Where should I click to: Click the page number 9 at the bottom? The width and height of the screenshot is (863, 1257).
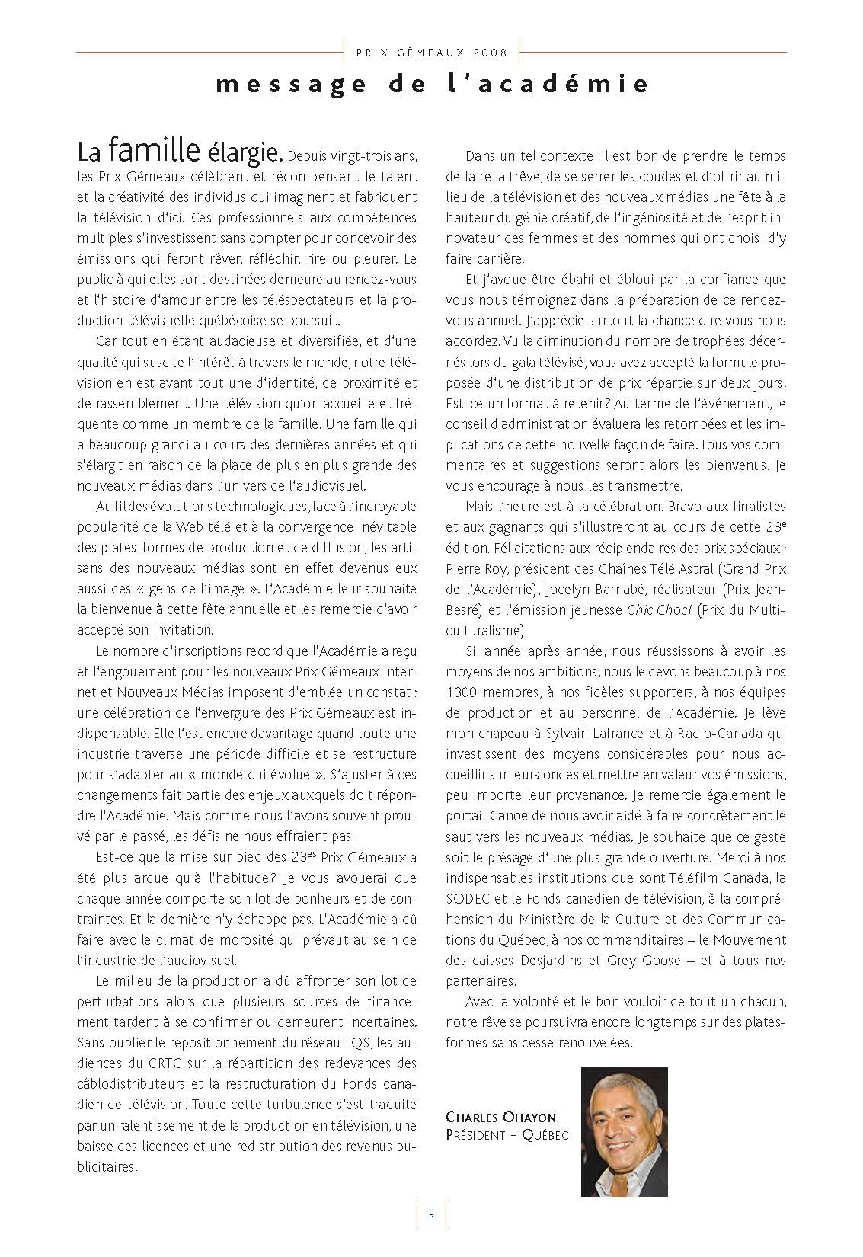(x=431, y=1214)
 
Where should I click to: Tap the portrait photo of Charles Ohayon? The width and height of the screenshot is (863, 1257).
(x=624, y=1131)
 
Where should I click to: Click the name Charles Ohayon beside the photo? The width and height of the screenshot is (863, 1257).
(x=501, y=1118)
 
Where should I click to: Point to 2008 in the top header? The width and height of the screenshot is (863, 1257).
(x=490, y=53)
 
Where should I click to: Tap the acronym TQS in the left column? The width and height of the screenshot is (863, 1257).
(x=356, y=1042)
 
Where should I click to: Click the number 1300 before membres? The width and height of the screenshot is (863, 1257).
(x=461, y=692)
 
